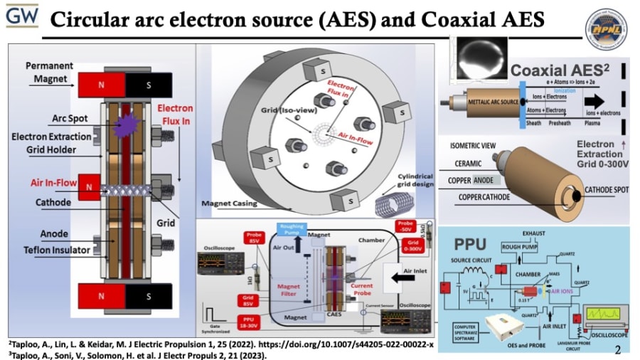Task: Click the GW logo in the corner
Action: [21, 15]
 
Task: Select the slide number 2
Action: [617, 349]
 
